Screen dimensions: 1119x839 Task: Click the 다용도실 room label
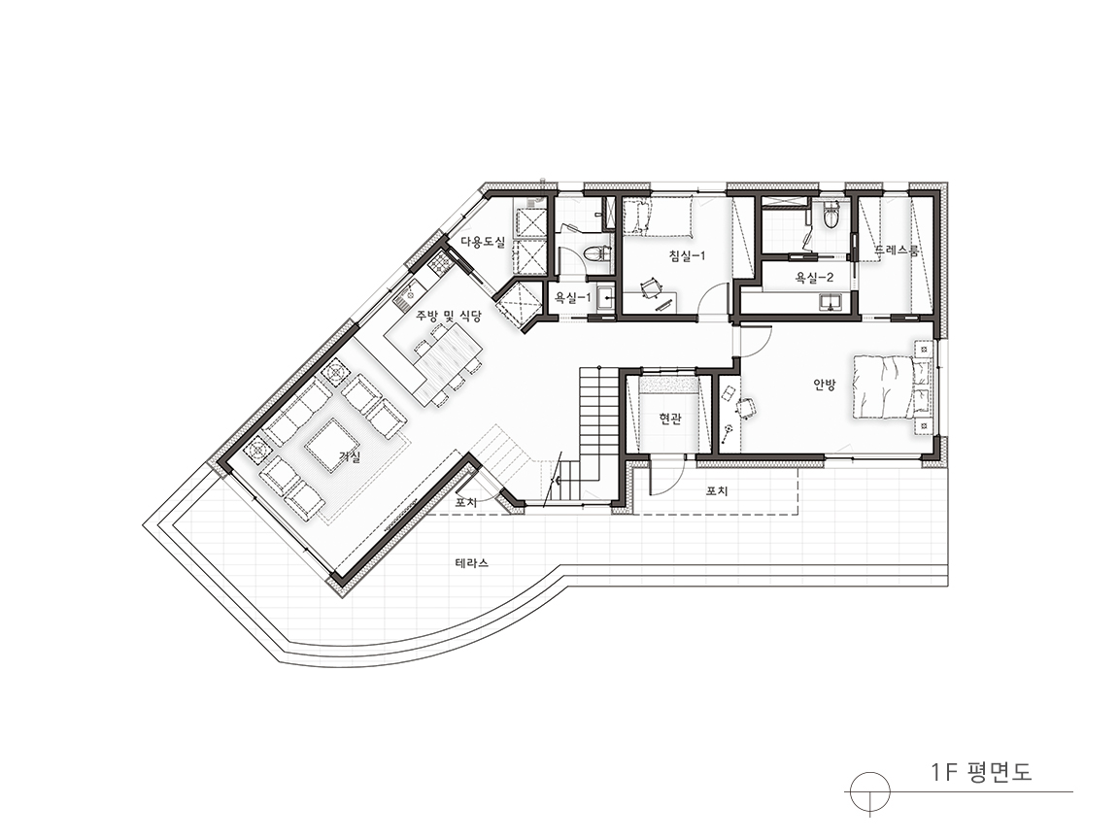pyautogui.click(x=483, y=242)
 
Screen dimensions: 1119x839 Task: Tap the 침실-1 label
pyautogui.click(x=687, y=255)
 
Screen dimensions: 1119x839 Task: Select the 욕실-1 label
pyautogui.click(x=573, y=297)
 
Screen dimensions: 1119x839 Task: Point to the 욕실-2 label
pyautogui.click(x=814, y=277)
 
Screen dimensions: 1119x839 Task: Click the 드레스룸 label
pyautogui.click(x=897, y=251)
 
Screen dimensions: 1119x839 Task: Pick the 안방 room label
pyautogui.click(x=825, y=385)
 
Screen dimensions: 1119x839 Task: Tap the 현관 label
pyautogui.click(x=670, y=419)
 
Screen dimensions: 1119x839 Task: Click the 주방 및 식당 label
pyautogui.click(x=449, y=315)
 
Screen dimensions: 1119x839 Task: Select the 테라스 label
pyautogui.click(x=472, y=563)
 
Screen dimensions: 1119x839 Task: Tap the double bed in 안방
pyautogui.click(x=884, y=386)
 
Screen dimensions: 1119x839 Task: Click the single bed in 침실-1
pyautogui.click(x=658, y=217)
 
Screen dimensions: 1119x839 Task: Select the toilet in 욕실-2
pyautogui.click(x=831, y=214)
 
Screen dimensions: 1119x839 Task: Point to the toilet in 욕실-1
pyautogui.click(x=596, y=253)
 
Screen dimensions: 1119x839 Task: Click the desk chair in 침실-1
pyautogui.click(x=651, y=289)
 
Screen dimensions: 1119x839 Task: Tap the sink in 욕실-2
pyautogui.click(x=830, y=302)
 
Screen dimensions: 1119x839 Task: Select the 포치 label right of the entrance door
pyautogui.click(x=717, y=491)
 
